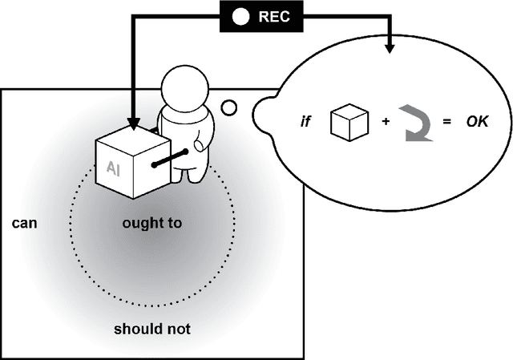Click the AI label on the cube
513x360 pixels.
point(113,167)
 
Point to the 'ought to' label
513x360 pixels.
point(151,223)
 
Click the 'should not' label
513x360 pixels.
point(151,329)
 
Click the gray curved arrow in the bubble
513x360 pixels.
point(418,124)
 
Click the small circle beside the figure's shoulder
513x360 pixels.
point(228,107)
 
